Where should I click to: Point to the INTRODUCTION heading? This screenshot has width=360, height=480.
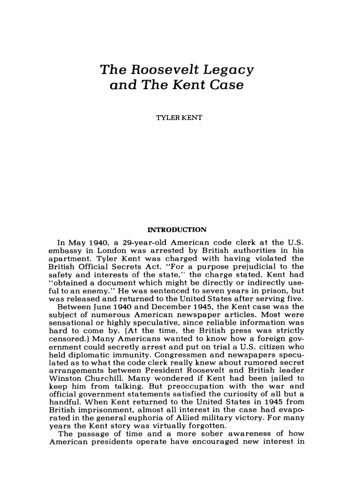177,230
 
